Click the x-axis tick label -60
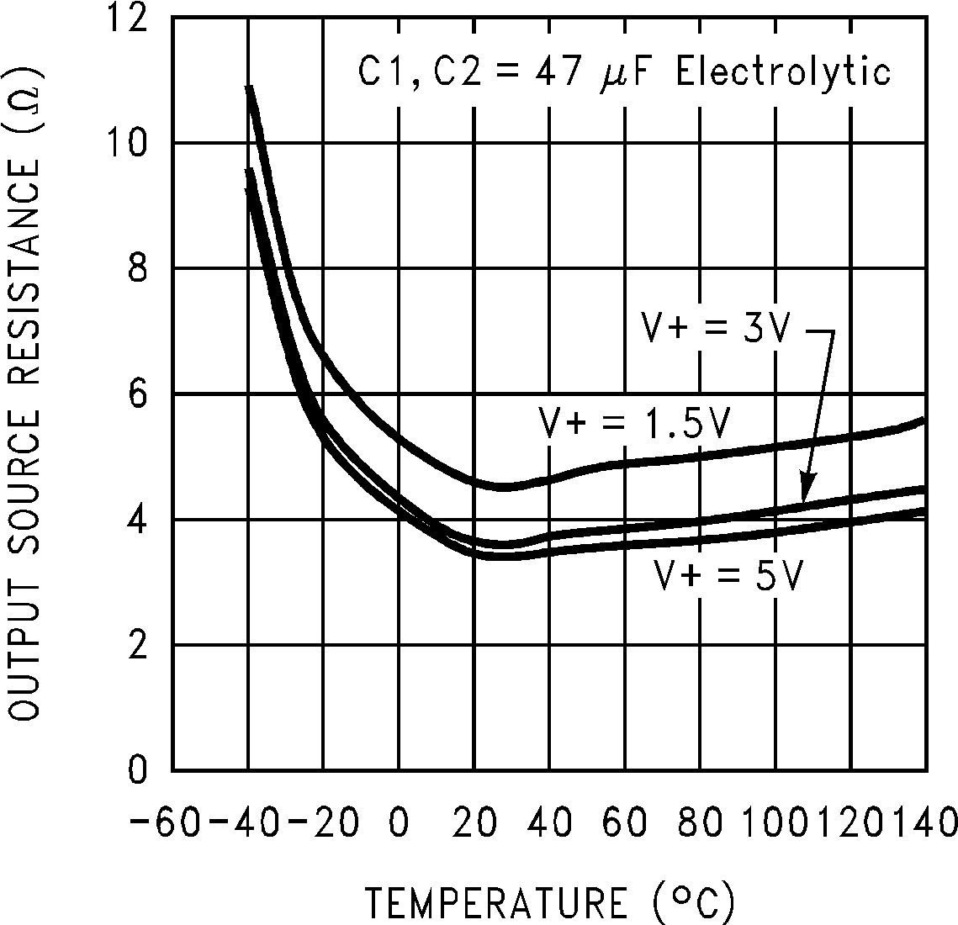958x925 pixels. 165,820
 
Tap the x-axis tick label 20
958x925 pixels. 474,820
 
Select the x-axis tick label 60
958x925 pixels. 625,820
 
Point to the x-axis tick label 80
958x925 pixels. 700,820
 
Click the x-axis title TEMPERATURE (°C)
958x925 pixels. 550,902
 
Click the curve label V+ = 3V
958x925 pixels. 716,329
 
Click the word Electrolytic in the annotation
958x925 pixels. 783,71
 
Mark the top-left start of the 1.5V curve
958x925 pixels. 249,87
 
